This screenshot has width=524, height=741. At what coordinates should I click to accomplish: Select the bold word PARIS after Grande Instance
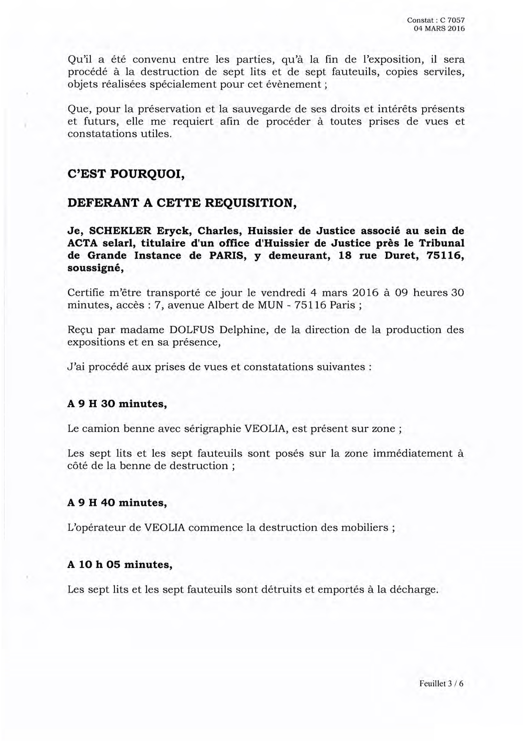[x=229, y=256]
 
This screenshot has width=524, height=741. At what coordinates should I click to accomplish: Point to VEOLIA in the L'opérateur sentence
[x=164, y=528]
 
